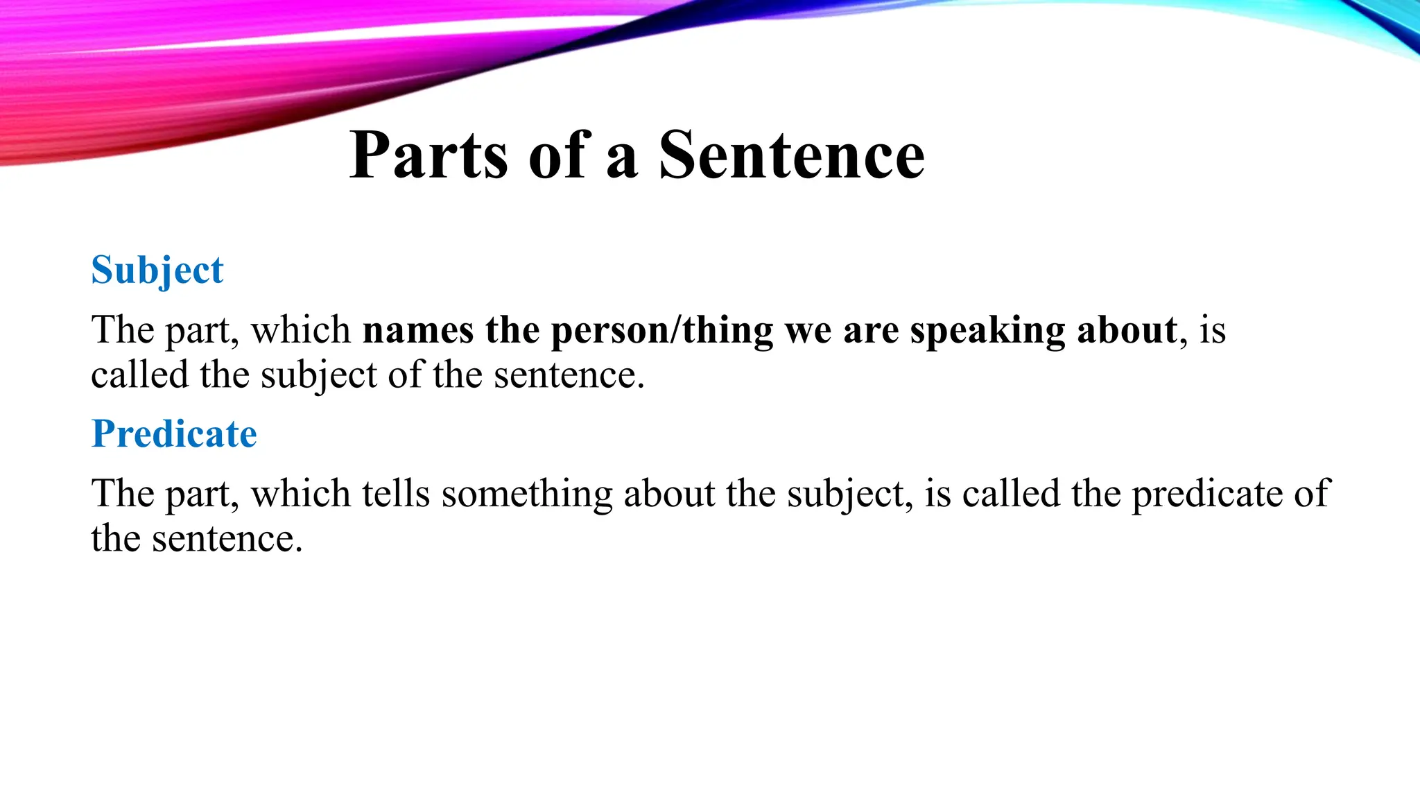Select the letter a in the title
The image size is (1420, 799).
coord(622,160)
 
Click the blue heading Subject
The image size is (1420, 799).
coord(157,270)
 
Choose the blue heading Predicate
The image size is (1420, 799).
coord(174,434)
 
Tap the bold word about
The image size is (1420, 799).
coord(1127,330)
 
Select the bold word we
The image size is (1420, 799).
coord(808,330)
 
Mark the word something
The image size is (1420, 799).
coord(527,495)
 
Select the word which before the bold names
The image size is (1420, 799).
coord(300,330)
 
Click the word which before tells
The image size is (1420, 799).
coord(300,494)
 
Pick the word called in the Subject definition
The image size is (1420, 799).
coord(139,375)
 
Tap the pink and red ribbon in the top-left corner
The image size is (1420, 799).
coord(104,90)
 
